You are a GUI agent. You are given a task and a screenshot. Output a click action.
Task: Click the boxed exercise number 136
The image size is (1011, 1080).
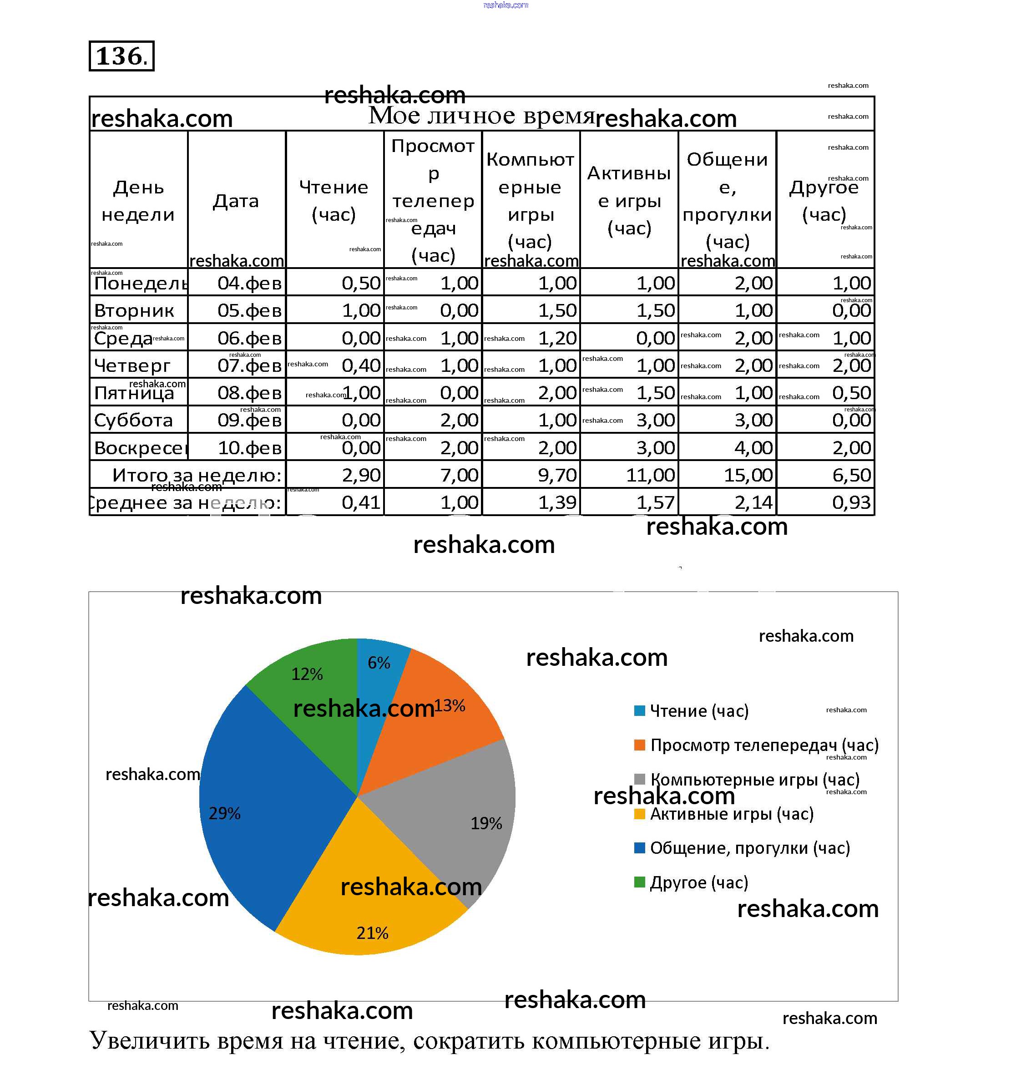121,56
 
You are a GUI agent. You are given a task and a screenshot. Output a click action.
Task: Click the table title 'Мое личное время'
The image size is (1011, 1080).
481,115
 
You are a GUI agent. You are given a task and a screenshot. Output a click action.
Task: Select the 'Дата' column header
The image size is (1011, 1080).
236,201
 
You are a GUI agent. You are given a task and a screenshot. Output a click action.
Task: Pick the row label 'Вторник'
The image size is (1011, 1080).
134,311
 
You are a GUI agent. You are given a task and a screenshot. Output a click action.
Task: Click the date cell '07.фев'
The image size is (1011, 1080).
249,365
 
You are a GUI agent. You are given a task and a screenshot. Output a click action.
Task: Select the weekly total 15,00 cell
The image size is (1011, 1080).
748,475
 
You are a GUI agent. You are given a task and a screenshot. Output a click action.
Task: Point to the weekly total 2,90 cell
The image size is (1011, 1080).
361,475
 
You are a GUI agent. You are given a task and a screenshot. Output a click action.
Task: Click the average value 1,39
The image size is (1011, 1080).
557,502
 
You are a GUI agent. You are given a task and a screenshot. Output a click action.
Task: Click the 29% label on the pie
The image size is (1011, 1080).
224,813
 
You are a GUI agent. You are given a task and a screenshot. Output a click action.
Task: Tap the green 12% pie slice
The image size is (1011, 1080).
310,690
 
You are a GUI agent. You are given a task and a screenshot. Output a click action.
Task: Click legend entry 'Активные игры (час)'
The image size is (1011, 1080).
731,814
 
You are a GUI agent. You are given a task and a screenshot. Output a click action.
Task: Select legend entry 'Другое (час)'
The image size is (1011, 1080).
698,882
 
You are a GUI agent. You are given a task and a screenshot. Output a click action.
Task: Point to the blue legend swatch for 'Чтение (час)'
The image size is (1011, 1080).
639,710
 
